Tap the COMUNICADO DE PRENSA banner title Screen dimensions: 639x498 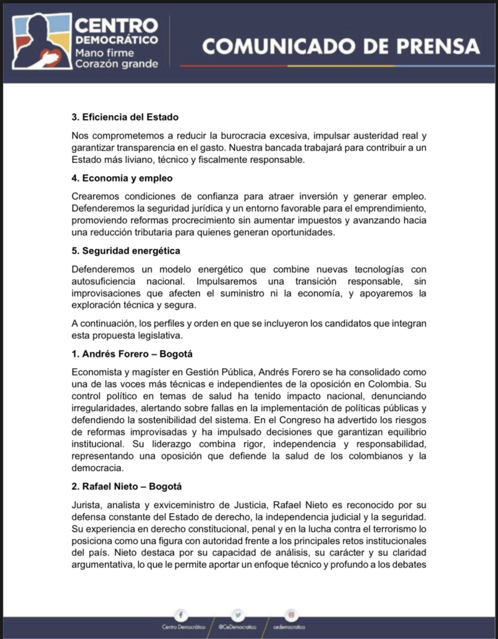[341, 47]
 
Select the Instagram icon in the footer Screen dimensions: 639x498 [290, 615]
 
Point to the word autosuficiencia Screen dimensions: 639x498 [110, 281]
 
